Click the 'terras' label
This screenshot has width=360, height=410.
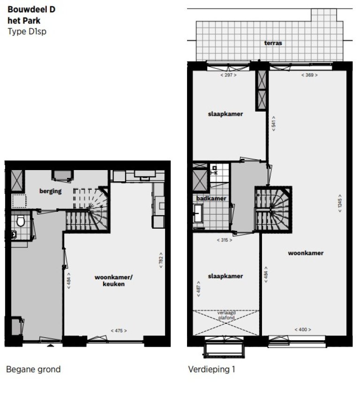click(x=273, y=43)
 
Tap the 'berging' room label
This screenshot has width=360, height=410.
click(x=51, y=191)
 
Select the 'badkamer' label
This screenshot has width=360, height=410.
click(x=211, y=199)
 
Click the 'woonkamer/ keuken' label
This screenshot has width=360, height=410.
click(x=113, y=281)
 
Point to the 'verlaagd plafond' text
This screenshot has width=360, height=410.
click(x=226, y=315)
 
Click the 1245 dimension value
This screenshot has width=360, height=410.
click(x=339, y=203)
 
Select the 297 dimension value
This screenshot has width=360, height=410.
click(x=228, y=75)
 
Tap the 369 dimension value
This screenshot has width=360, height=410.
click(x=309, y=75)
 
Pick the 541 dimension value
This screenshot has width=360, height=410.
click(x=273, y=124)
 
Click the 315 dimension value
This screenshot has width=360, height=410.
click(x=225, y=240)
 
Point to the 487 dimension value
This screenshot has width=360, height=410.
click(x=198, y=289)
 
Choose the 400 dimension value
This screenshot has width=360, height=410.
click(x=303, y=329)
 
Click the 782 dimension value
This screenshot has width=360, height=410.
click(x=161, y=260)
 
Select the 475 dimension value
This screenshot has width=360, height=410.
click(x=119, y=330)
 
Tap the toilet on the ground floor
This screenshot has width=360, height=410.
click(x=21, y=221)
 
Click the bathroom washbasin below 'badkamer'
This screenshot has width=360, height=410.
click(x=198, y=213)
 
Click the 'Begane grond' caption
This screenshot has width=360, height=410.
click(x=33, y=370)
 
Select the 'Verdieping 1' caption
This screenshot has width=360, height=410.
click(x=211, y=369)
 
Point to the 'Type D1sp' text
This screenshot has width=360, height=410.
click(x=27, y=32)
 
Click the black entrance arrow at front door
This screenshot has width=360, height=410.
click(x=51, y=346)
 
